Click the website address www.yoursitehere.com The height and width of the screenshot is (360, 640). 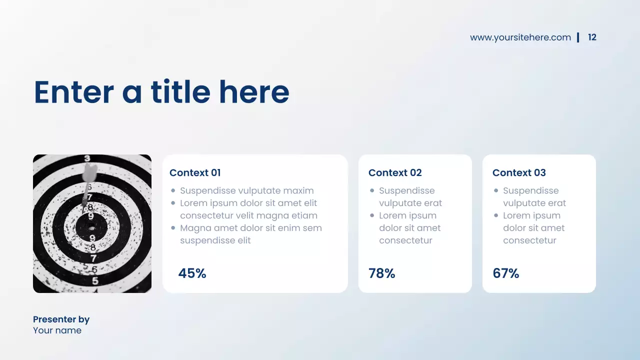520,37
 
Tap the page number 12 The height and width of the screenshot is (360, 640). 592,37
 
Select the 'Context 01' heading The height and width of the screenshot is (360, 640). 195,173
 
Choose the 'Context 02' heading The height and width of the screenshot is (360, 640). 395,173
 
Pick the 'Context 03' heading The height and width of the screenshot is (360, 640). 519,173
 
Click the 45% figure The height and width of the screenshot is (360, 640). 192,273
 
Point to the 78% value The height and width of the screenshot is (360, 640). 381,273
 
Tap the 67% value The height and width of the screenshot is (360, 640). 505,273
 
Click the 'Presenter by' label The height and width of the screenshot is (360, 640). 61,319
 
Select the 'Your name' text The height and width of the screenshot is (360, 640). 57,330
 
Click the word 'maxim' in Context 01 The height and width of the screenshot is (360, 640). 298,190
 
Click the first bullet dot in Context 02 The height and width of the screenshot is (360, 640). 372,190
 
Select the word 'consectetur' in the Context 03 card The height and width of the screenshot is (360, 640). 529,240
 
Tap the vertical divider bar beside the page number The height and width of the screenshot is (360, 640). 578,37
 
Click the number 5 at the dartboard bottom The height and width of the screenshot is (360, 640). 95,281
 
